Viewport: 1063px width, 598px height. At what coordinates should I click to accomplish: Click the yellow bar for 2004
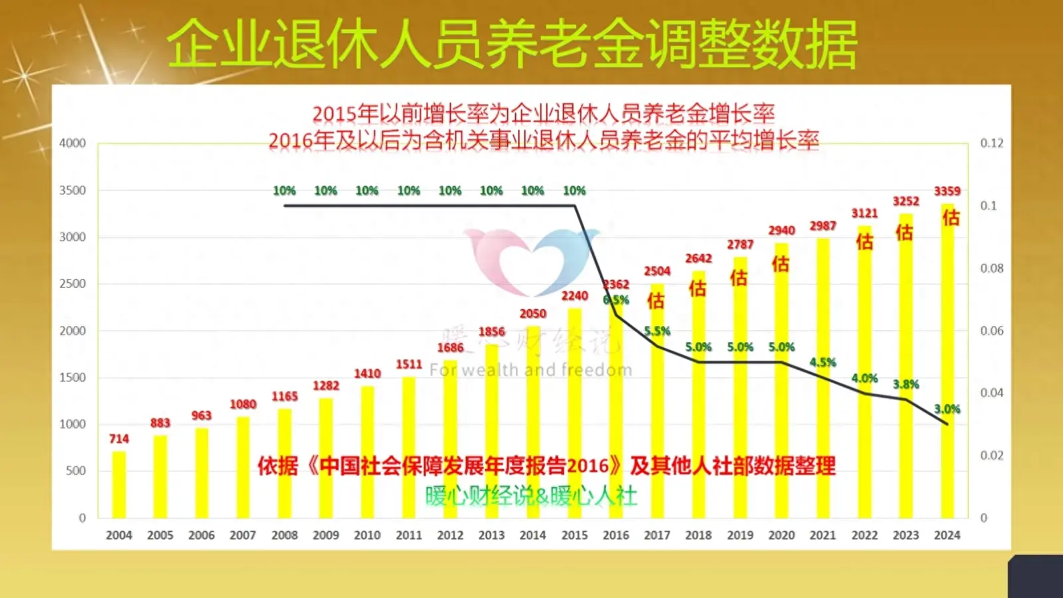119,485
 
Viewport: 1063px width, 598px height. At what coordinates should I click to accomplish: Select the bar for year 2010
367,452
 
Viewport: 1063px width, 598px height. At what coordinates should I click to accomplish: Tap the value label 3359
947,191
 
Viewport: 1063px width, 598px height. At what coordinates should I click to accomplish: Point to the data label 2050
533,314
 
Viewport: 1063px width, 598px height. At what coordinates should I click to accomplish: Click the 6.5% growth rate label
616,300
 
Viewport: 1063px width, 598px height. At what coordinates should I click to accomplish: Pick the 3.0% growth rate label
947,409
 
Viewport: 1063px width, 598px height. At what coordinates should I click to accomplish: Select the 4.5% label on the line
822,362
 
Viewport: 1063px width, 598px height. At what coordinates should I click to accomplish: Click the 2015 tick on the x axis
574,535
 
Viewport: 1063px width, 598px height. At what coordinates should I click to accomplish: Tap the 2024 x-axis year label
947,535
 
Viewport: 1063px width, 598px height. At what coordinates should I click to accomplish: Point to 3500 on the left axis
72,190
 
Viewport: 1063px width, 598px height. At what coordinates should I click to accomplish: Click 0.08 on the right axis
992,268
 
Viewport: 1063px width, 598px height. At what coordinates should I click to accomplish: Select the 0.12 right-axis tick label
992,143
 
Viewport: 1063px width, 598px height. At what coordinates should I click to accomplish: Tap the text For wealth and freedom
530,370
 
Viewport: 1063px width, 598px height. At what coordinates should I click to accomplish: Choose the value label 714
119,439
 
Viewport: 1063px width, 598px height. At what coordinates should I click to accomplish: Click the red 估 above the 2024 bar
951,217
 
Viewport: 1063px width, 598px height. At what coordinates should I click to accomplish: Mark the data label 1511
409,364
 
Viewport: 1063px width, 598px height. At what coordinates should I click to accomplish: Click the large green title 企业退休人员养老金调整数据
512,44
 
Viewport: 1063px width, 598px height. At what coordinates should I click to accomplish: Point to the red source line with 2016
546,466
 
